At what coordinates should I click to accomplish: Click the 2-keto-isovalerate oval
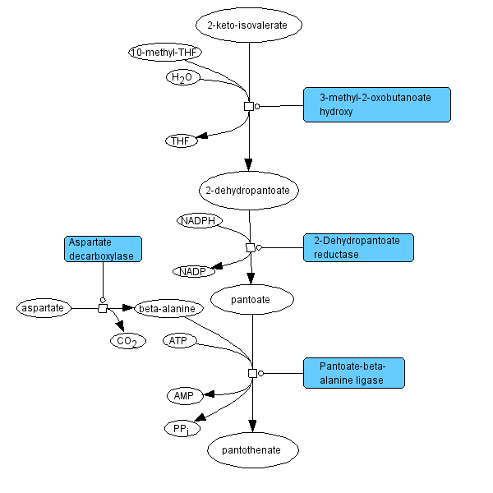coord(249,25)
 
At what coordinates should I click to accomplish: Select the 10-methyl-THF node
coord(165,53)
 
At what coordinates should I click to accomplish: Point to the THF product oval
coord(181,141)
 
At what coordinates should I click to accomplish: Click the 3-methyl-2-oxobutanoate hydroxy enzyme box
coord(376,104)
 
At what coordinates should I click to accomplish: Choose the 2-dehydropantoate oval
coord(249,190)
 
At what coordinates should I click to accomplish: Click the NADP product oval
coord(193,271)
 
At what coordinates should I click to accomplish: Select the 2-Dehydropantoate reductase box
coord(358,247)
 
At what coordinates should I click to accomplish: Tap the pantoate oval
coord(251,300)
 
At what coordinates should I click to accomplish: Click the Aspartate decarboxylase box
coord(103,249)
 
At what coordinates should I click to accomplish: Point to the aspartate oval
coord(43,308)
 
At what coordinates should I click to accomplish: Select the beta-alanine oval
coord(168,309)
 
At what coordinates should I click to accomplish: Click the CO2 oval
coord(127,340)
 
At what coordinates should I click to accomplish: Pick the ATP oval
coord(179,340)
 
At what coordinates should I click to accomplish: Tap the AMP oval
coord(182,396)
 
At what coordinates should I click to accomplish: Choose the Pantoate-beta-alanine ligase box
coord(354,372)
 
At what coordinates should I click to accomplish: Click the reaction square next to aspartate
coord(103,308)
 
